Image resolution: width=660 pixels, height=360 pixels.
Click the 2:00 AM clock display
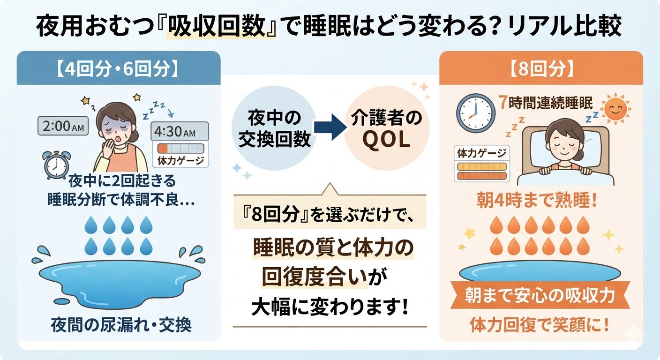[x=63, y=126]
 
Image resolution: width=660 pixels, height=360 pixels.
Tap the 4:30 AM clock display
[x=180, y=131]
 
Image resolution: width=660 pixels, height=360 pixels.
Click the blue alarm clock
[x=56, y=165]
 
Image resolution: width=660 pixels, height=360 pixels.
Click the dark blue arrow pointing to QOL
[x=330, y=127]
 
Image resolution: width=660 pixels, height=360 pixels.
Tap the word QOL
[x=386, y=140]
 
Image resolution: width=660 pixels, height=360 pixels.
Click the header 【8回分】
[x=541, y=68]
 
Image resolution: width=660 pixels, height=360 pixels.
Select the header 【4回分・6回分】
[x=117, y=68]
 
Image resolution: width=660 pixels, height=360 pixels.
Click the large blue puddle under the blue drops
[x=120, y=282]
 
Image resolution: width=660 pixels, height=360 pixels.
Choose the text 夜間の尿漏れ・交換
[x=121, y=325]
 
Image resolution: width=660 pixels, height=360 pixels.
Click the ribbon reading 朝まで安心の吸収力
[x=540, y=295]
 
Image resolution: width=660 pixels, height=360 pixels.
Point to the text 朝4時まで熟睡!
[x=537, y=201]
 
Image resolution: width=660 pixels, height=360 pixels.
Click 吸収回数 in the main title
[x=218, y=26]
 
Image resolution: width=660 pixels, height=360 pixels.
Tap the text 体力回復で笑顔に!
[x=540, y=325]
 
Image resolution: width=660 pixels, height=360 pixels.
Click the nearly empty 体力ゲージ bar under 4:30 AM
[x=180, y=148]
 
